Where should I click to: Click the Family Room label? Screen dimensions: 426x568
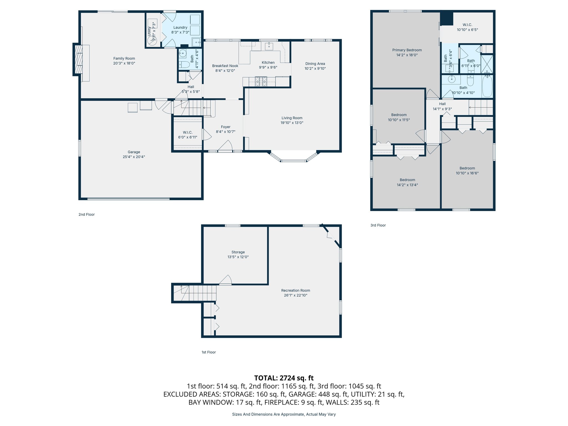click(124, 58)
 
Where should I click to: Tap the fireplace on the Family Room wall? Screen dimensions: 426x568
click(79, 59)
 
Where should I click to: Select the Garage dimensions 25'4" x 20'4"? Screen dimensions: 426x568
click(134, 157)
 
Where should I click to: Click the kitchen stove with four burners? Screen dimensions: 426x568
click(261, 81)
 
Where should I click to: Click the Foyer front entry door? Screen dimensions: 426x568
click(225, 146)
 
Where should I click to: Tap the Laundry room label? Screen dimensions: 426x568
click(180, 27)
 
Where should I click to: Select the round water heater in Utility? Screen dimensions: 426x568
click(152, 41)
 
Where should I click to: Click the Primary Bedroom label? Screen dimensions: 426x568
click(407, 50)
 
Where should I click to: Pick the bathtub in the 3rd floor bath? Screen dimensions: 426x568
click(487, 86)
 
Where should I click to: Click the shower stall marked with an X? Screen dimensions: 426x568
click(487, 64)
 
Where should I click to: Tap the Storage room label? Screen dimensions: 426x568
click(238, 252)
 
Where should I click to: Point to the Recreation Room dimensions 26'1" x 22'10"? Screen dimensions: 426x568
click(295, 295)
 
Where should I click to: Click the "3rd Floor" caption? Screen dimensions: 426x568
click(378, 225)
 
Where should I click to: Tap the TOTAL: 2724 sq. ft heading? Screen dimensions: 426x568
click(284, 378)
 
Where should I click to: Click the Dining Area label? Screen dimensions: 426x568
click(315, 64)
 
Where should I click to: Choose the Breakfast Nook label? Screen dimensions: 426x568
click(225, 66)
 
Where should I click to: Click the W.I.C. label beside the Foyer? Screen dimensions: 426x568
click(187, 132)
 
